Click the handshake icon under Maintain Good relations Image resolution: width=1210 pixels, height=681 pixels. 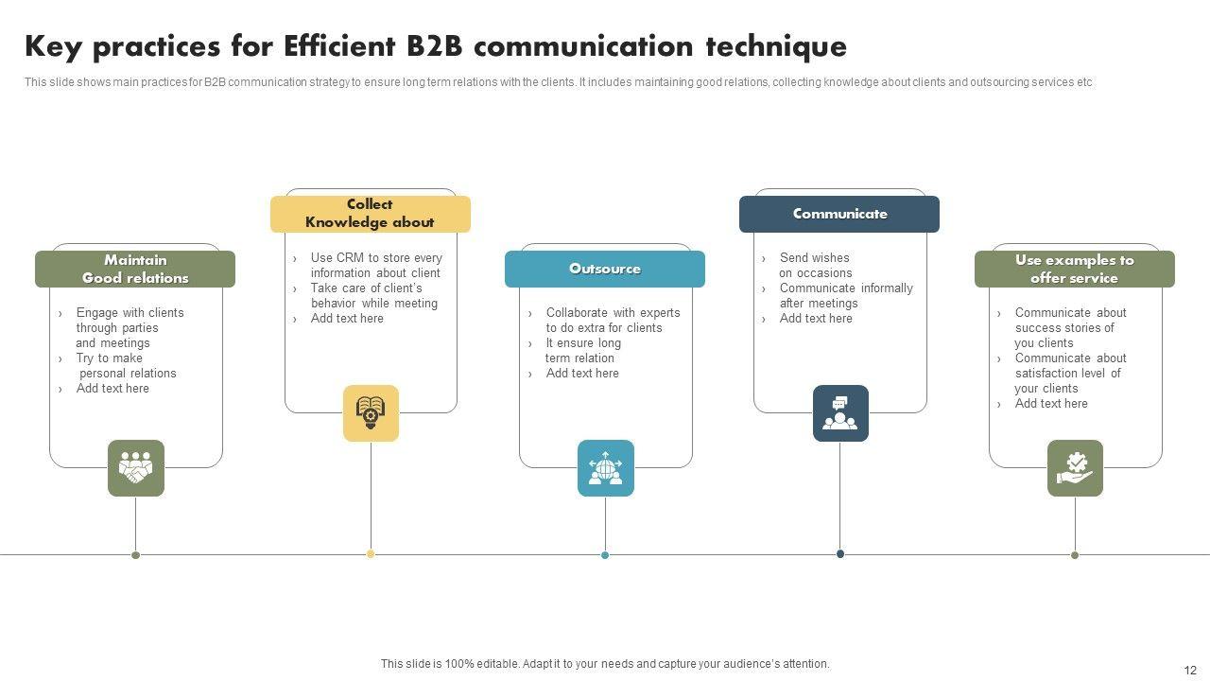coord(135,468)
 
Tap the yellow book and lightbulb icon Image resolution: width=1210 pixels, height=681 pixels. coord(371,413)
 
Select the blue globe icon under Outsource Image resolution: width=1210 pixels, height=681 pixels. coord(605,468)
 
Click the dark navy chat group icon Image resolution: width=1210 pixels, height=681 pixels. coord(840,413)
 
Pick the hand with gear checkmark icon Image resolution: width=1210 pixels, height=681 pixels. coord(1075,468)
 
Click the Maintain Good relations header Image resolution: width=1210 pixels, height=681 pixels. coord(135,269)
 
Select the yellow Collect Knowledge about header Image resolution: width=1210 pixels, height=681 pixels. coord(370,214)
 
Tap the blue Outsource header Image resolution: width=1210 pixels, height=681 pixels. coord(605,269)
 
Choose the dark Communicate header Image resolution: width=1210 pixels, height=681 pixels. coord(839,214)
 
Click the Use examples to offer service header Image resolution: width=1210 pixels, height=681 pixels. coord(1074,269)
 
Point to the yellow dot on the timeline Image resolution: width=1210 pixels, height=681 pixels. coord(371,554)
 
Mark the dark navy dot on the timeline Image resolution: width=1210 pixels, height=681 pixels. coord(840,554)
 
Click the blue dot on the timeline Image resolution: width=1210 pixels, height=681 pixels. coord(605,555)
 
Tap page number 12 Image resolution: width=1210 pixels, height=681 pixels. coord(1189,670)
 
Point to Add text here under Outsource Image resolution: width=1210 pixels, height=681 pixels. coord(582,374)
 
